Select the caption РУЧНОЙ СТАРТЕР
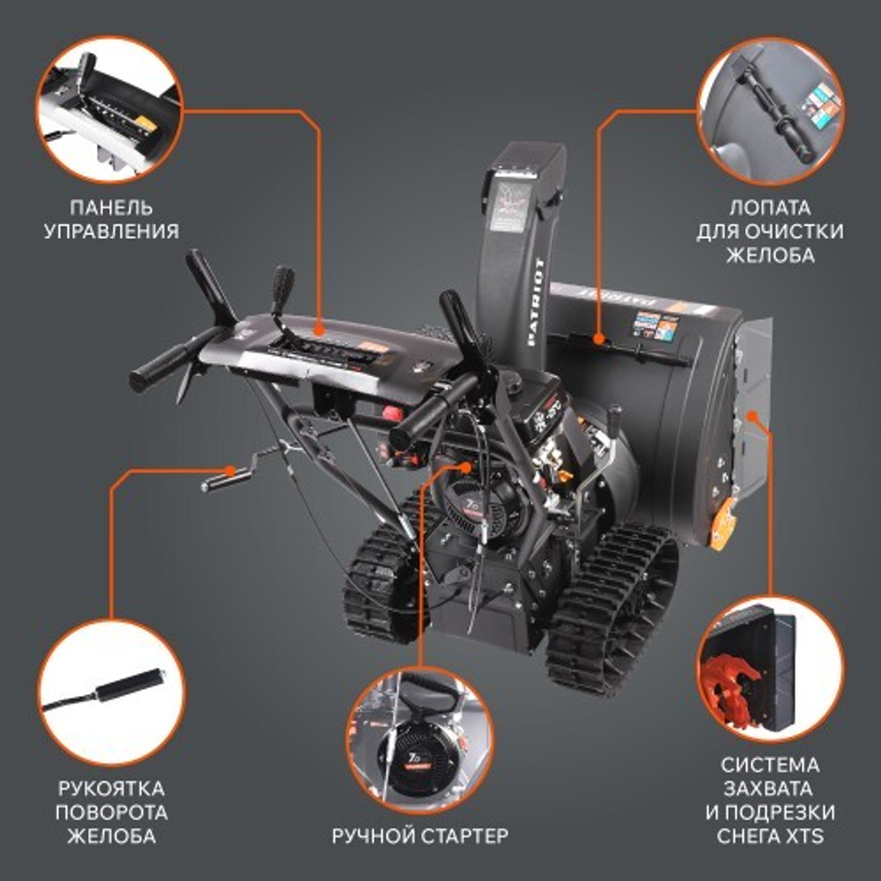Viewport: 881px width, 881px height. pyautogui.click(x=420, y=834)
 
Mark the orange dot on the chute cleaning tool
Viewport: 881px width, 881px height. pyautogui.click(x=598, y=337)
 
